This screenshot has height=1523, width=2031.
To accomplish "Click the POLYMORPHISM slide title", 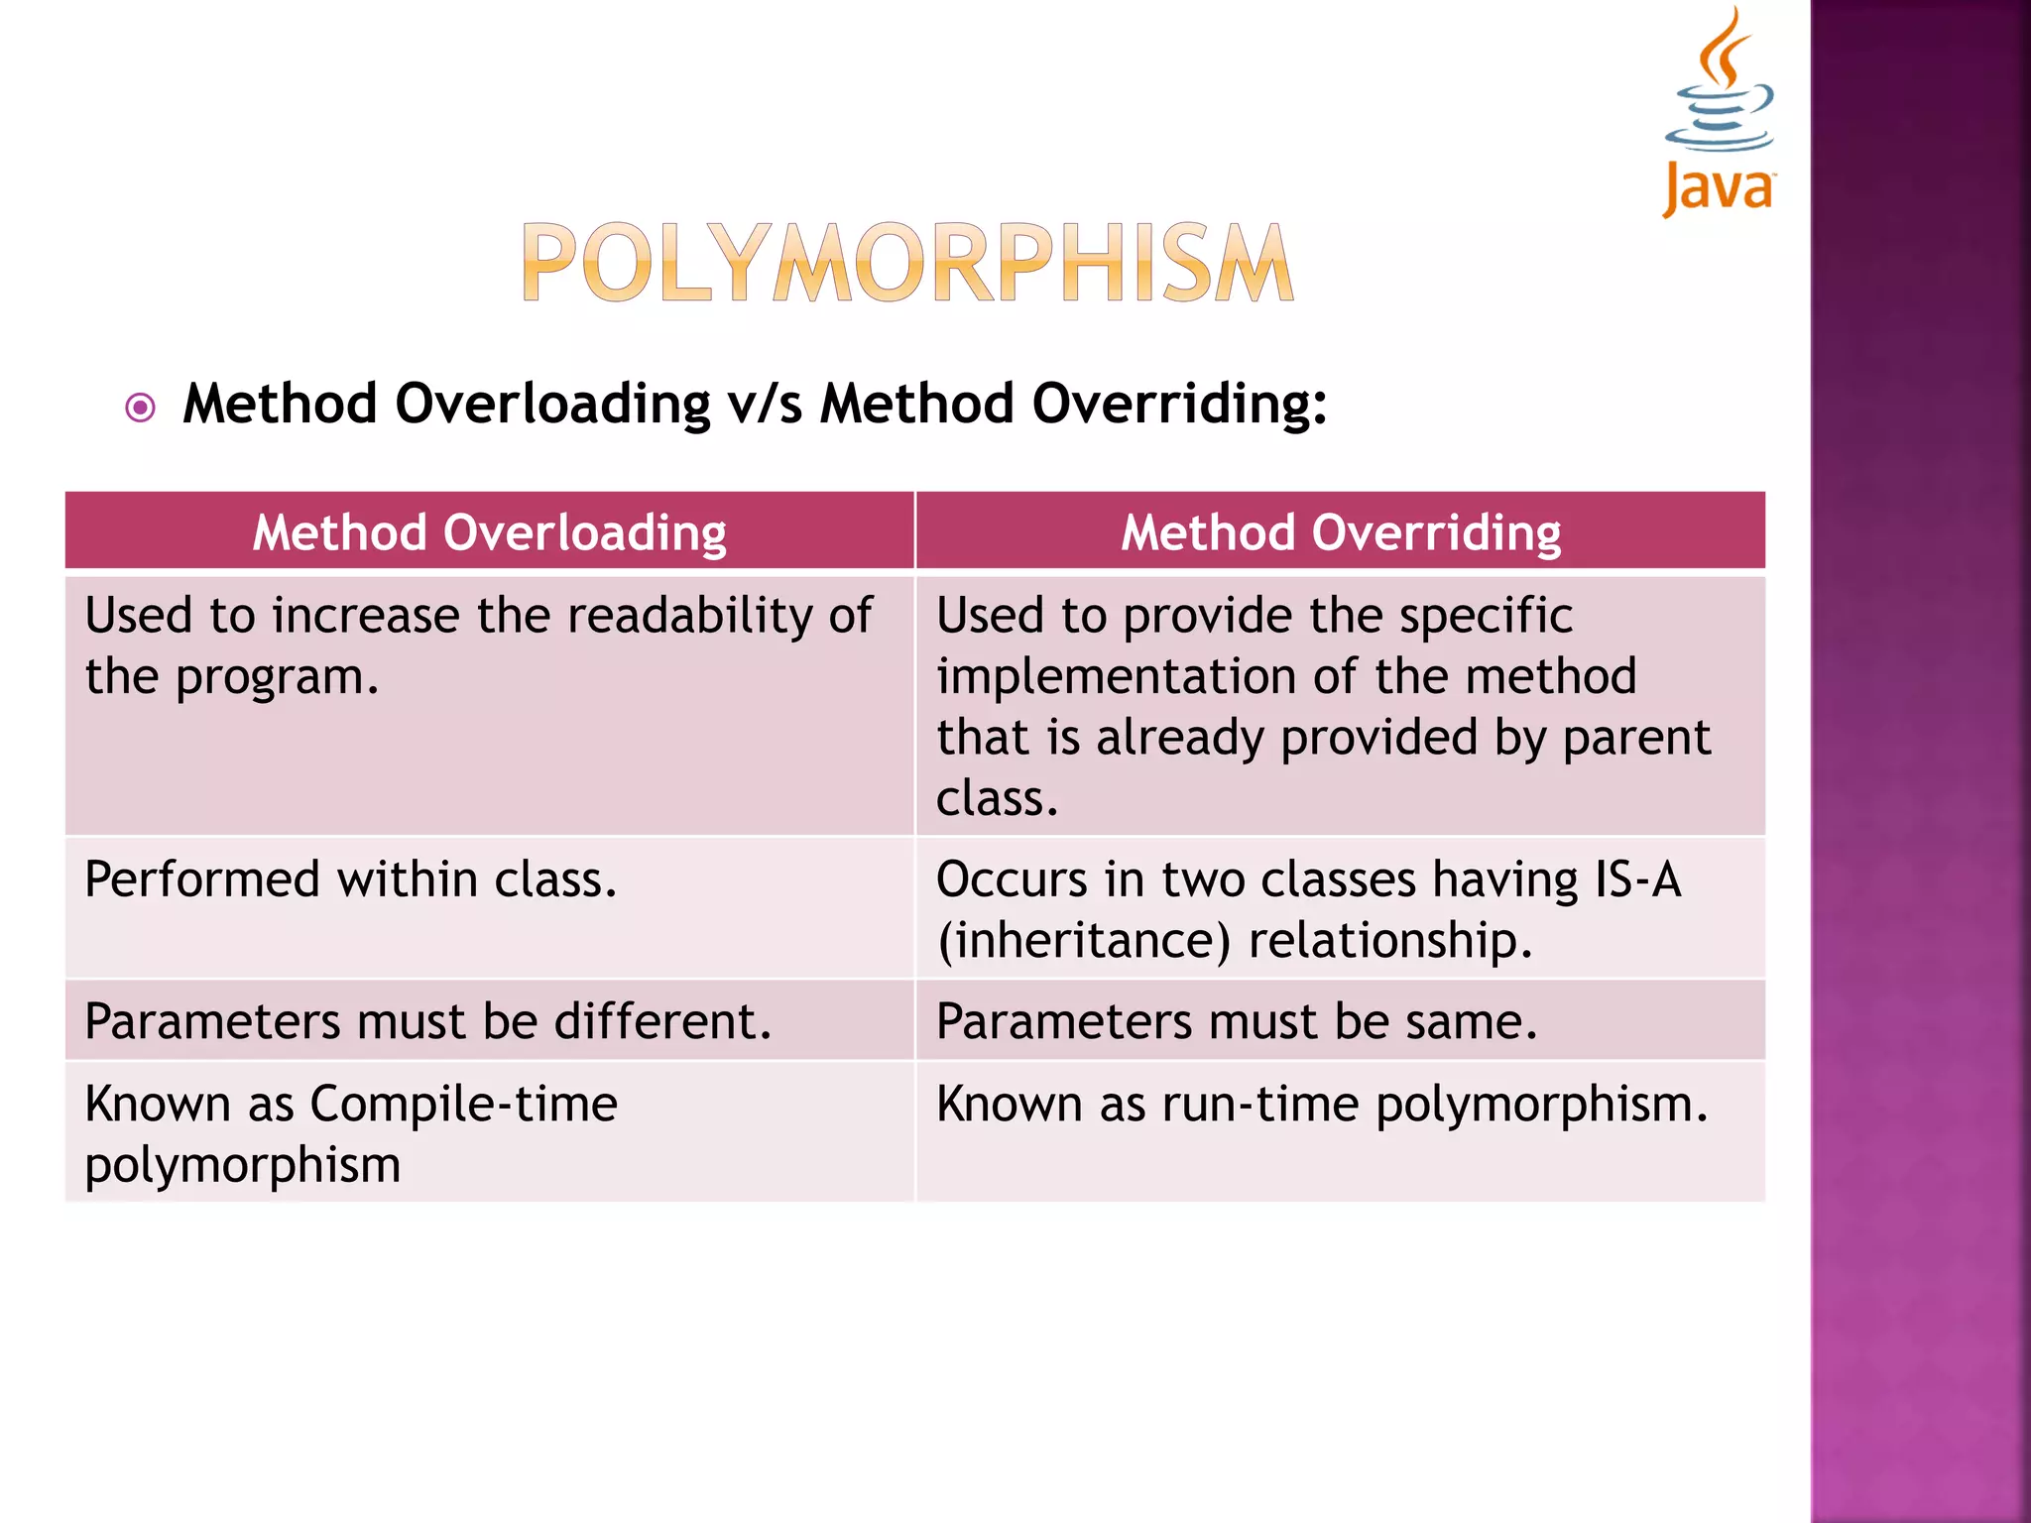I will click(x=907, y=263).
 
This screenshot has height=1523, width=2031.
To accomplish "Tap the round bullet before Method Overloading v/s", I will click(x=141, y=408).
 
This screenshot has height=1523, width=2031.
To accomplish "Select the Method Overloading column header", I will click(x=489, y=532).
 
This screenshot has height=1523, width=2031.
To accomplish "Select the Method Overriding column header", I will click(x=1340, y=532).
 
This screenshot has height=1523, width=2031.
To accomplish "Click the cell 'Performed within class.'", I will click(x=351, y=880).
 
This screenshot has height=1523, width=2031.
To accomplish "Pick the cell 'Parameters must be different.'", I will click(x=427, y=1021).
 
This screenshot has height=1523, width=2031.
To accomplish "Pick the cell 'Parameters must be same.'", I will click(x=1237, y=1021).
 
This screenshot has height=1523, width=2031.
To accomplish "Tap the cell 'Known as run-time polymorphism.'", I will click(x=1322, y=1105).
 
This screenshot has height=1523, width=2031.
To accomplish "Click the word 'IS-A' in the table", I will click(x=1637, y=880).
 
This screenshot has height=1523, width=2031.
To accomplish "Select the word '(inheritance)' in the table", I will click(x=1084, y=941).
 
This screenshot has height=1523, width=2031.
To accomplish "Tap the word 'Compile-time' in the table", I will click(x=463, y=1105).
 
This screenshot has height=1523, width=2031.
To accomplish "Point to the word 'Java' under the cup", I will click(x=1718, y=188).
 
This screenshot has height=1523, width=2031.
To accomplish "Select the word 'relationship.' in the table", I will click(x=1390, y=941).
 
